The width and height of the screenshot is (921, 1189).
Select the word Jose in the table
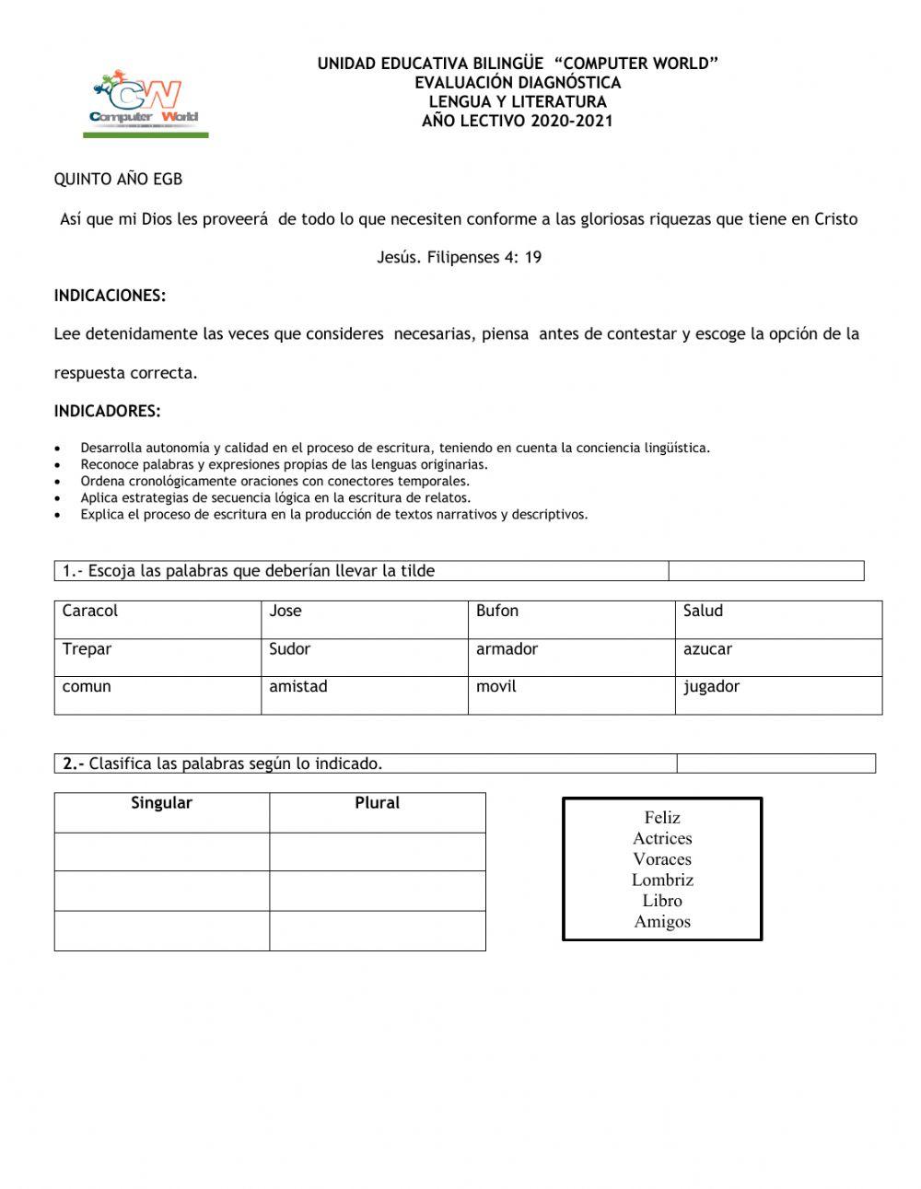[x=286, y=612]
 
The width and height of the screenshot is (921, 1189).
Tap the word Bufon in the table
[x=497, y=612]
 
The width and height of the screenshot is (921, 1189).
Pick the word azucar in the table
[x=707, y=649]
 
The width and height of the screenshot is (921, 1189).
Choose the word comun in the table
[x=87, y=687]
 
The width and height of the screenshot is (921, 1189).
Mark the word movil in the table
[x=496, y=687]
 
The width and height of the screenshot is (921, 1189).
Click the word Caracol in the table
[x=90, y=612]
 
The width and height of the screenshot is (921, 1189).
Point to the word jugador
[x=711, y=687]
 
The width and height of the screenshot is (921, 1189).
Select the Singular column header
[x=161, y=803]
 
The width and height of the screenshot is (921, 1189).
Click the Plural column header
[x=378, y=803]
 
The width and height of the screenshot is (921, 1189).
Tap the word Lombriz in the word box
[x=662, y=880]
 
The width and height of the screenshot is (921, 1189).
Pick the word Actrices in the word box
[x=662, y=839]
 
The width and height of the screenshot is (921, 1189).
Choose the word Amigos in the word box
[x=662, y=922]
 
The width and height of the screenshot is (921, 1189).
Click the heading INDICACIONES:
[x=110, y=296]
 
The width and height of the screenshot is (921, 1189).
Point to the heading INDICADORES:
[x=107, y=411]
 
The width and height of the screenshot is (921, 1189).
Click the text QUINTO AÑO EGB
[x=118, y=180]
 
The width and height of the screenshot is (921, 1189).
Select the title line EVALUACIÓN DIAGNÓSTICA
[x=518, y=83]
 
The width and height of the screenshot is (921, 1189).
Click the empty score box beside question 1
[x=765, y=571]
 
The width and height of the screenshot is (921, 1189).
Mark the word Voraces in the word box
[x=662, y=859]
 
